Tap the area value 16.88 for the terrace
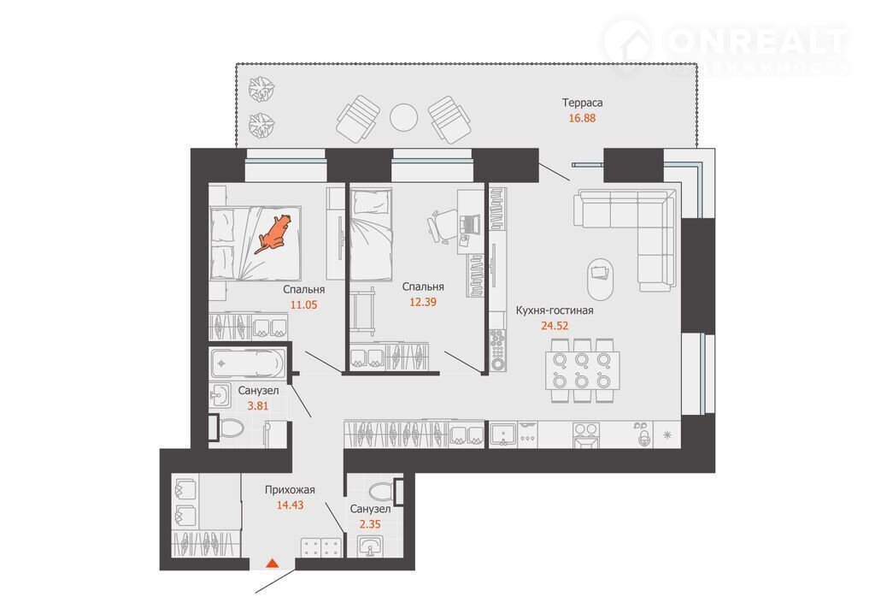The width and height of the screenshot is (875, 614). [x=582, y=118]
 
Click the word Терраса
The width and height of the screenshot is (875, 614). [x=582, y=103]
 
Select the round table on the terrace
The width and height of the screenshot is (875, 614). [x=403, y=117]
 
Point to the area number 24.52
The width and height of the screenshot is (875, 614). [x=555, y=325]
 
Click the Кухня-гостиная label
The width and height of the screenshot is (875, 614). [x=555, y=310]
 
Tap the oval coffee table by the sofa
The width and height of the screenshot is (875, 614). [x=601, y=279]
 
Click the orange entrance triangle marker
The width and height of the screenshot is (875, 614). [x=272, y=563]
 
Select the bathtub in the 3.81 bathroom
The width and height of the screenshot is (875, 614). [x=247, y=363]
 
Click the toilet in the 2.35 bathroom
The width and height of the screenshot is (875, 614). [x=385, y=491]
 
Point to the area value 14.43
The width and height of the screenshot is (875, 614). [x=291, y=505]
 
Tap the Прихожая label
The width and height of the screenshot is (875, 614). [x=291, y=490]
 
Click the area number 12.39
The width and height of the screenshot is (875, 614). [x=423, y=302]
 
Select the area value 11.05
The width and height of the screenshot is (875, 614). [x=303, y=304]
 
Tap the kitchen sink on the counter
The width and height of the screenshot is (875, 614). [x=503, y=434]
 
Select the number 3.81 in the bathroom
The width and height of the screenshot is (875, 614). [x=258, y=406]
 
